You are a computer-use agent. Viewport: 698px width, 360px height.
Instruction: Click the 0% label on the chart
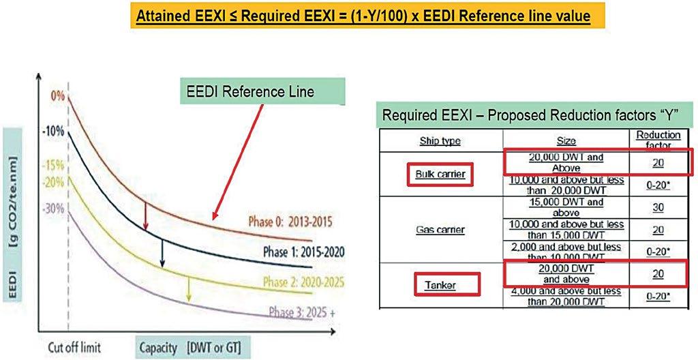click(57, 96)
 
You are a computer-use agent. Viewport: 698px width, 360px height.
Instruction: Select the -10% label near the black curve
click(55, 130)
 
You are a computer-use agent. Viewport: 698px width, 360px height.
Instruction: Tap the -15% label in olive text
click(55, 166)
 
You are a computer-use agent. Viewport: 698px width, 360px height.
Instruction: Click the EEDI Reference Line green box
click(267, 91)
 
